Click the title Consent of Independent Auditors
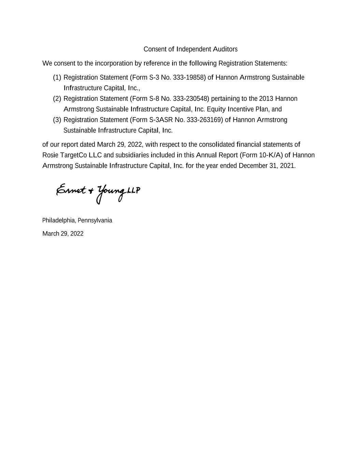(x=190, y=49)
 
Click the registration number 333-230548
(x=191, y=99)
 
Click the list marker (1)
(x=57, y=77)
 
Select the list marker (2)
(x=57, y=99)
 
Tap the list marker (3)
(x=57, y=120)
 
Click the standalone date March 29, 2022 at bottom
(x=63, y=234)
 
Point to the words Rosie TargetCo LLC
(x=72, y=155)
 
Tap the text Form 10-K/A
(x=261, y=155)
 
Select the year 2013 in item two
(x=266, y=99)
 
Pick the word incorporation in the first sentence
(x=114, y=63)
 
